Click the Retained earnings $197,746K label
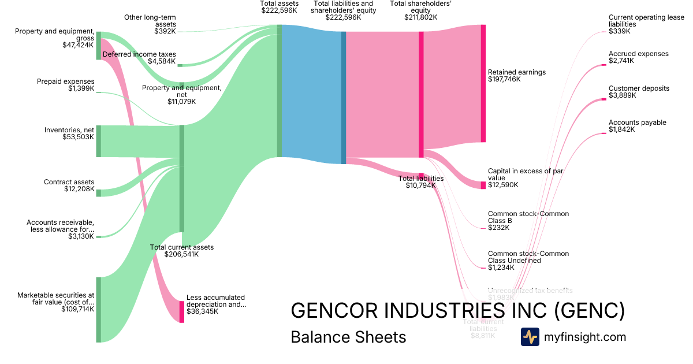tap(516, 76)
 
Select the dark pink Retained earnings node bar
tap(483, 83)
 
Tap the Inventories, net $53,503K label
tap(69, 133)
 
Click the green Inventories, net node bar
tap(99, 141)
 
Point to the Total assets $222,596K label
tap(279, 7)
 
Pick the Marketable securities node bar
tap(99, 310)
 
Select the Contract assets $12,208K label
tap(69, 185)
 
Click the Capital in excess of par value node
tap(483, 185)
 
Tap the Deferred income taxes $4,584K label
tap(139, 58)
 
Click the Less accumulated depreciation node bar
tap(181, 312)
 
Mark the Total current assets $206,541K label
tap(181, 251)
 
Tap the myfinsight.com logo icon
tap(530, 337)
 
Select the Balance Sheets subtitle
tap(348, 337)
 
